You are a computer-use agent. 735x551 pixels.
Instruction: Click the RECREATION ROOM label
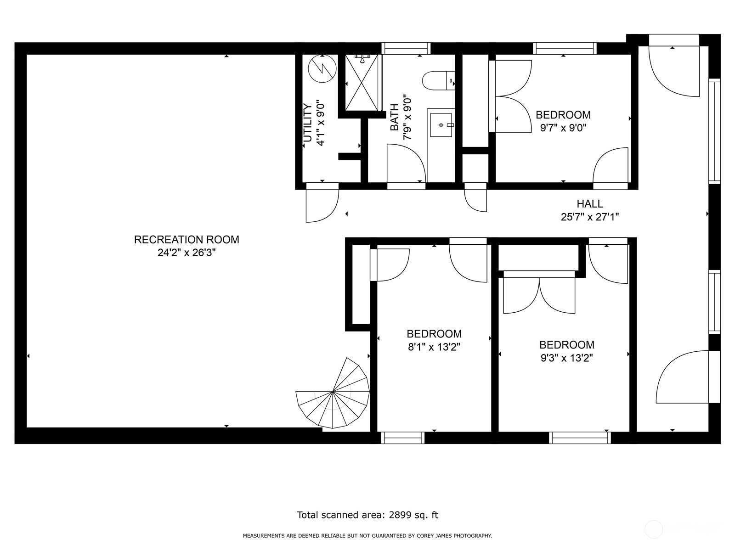coord(187,240)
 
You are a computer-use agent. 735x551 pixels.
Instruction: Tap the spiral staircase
coord(333,393)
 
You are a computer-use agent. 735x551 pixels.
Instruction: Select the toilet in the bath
coord(438,81)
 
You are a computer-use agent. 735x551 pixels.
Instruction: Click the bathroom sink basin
coord(441,125)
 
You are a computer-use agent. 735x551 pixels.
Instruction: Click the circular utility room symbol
coord(322,68)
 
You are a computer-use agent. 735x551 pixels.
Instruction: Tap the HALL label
coord(590,203)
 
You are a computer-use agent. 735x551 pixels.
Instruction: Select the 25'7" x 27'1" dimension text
coord(590,217)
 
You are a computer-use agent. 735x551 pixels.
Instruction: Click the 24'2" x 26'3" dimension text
coord(187,253)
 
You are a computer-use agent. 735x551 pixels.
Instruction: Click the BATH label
coord(394,117)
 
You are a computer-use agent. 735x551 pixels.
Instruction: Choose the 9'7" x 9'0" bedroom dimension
coord(563,128)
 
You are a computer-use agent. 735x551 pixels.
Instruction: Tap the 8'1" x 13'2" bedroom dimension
coord(434,347)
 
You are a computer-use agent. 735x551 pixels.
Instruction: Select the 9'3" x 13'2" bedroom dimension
coord(566,358)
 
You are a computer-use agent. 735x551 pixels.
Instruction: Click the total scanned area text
coord(367,515)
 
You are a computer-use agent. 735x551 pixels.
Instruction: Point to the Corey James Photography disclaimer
coord(367,536)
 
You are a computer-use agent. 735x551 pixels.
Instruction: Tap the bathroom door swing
coord(406,163)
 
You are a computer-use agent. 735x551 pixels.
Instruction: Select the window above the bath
coord(406,49)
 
